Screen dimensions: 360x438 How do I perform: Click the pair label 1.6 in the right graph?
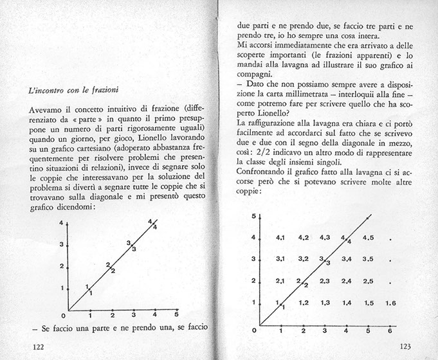[x=390, y=302]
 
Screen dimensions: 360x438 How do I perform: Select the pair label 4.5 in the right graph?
[x=368, y=238]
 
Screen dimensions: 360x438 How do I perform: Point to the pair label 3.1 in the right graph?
[x=281, y=259]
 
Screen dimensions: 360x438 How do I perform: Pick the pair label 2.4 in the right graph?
[x=346, y=280]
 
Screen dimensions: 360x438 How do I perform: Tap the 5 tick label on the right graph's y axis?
[x=253, y=216]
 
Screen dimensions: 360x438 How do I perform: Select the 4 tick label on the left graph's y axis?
[x=61, y=223]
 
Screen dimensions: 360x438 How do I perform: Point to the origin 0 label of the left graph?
[x=62, y=315]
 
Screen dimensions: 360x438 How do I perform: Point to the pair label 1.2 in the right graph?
[x=304, y=302]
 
